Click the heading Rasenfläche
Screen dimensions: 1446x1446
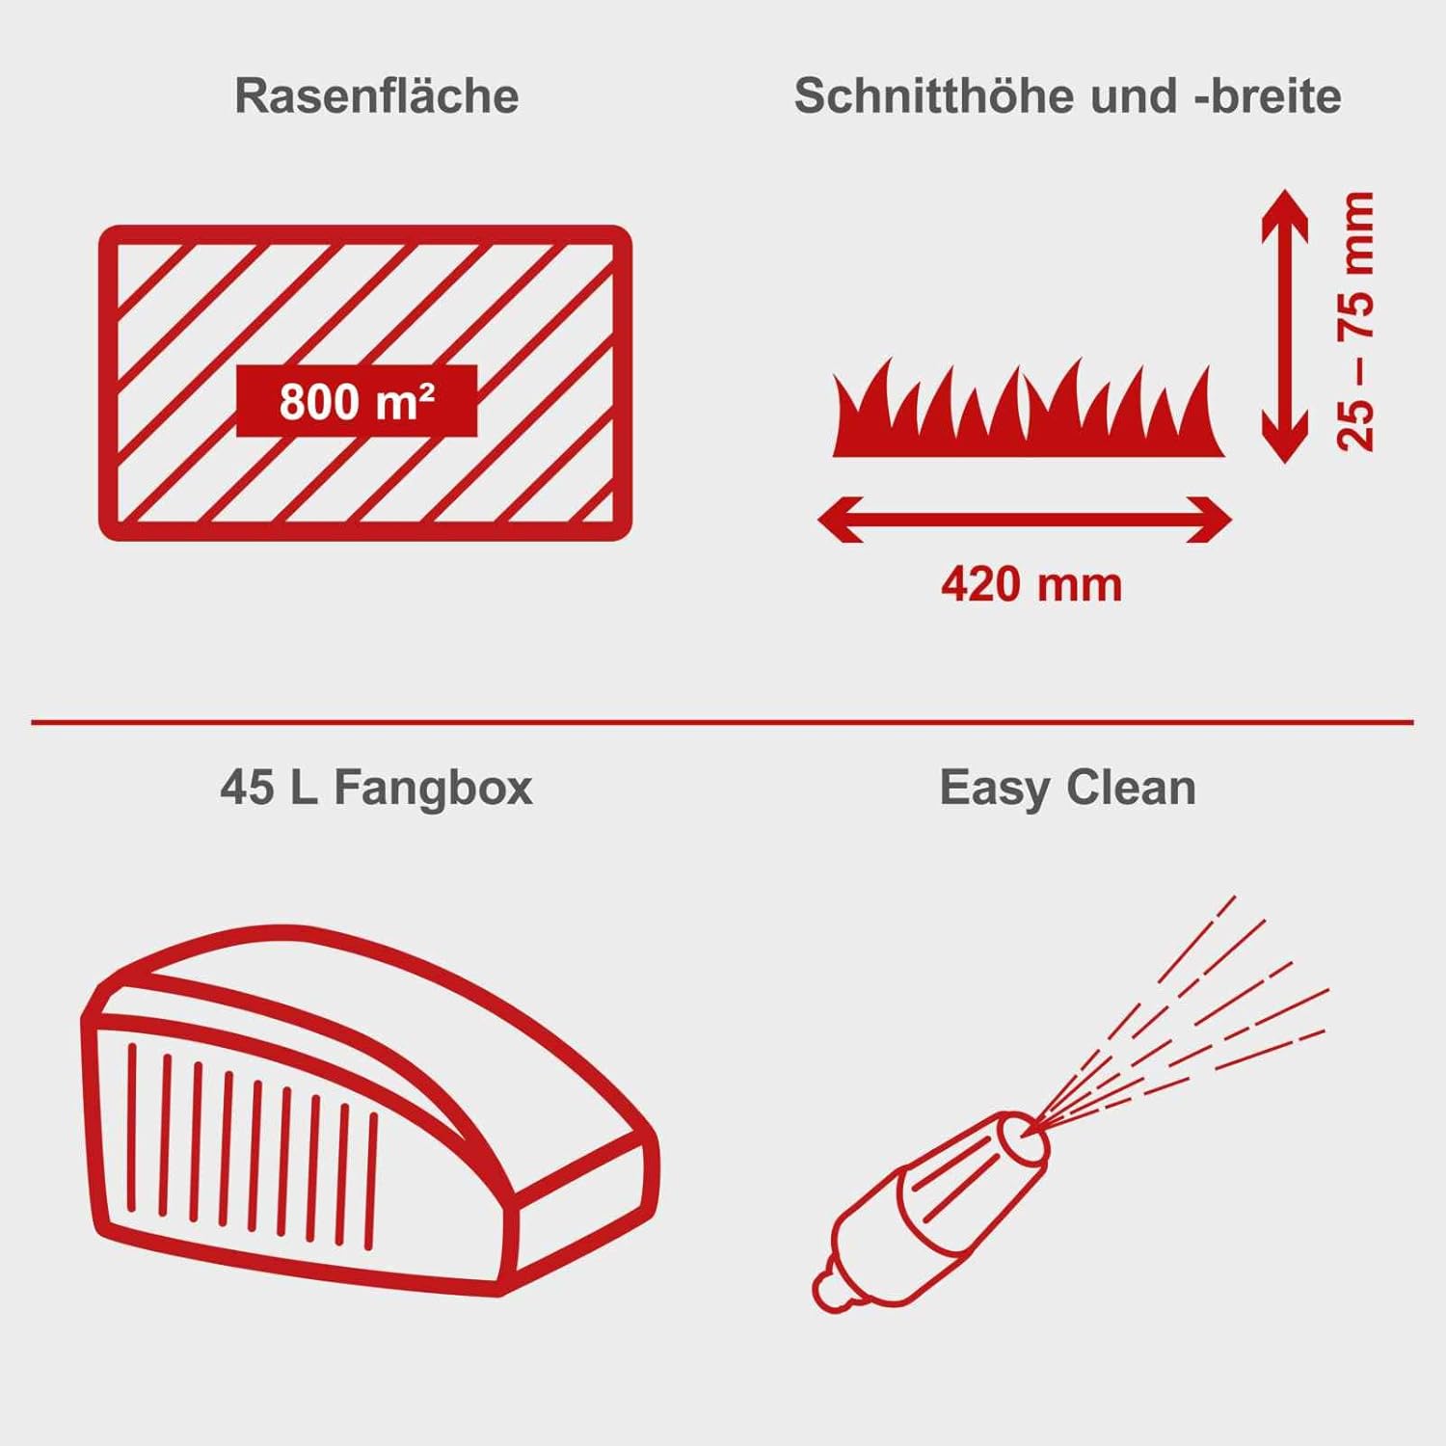tap(376, 96)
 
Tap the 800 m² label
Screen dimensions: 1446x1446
tap(357, 401)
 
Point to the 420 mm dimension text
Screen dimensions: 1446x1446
tap(1031, 584)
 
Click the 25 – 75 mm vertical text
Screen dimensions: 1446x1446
tap(1355, 321)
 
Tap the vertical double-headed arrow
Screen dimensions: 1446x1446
tap(1284, 326)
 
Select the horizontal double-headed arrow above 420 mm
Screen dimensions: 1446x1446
tap(1024, 520)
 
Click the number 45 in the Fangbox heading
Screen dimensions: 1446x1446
tap(246, 788)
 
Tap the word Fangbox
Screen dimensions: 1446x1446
tap(433, 788)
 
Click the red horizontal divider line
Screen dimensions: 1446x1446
tap(723, 721)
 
